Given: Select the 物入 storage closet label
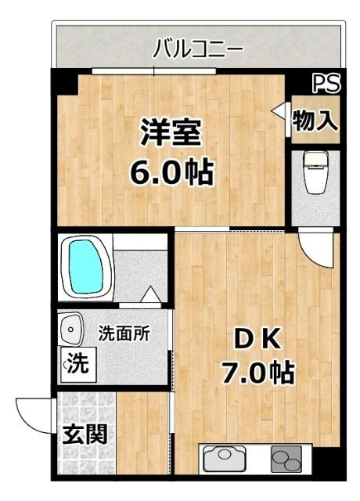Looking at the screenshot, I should click(315, 120).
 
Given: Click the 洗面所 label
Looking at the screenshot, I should click(124, 332).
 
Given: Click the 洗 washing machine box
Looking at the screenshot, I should click(76, 363).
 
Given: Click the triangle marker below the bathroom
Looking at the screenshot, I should click(151, 296).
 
